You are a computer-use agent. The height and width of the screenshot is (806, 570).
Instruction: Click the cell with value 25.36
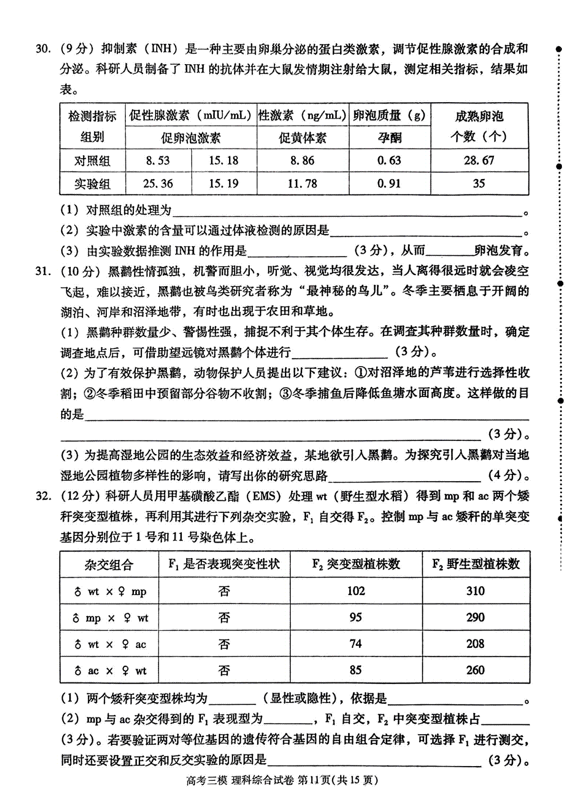coord(158,183)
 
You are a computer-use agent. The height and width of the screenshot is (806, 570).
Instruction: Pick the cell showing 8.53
coord(158,161)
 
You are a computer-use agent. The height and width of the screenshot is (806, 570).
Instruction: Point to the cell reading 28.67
coord(479,161)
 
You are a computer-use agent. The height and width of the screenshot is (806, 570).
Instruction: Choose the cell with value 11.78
coord(303,183)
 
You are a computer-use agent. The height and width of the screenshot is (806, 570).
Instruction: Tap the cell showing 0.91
coord(389,183)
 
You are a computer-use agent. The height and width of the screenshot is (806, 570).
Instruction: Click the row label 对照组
coord(92,161)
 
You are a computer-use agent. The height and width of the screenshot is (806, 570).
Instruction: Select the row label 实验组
coord(92,183)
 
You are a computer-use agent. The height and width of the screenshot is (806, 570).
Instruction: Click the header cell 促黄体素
coord(303,138)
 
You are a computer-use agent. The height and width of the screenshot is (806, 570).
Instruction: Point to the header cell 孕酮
coord(389,138)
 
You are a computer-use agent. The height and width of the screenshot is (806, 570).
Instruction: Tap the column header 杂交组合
coord(109,565)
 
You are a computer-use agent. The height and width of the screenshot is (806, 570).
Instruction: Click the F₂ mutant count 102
coord(356,591)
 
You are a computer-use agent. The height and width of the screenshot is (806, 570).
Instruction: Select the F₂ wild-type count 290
coord(475,617)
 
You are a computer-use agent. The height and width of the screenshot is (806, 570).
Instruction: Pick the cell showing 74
coord(356,644)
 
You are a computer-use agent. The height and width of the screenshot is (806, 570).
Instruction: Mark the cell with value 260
coord(475,670)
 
